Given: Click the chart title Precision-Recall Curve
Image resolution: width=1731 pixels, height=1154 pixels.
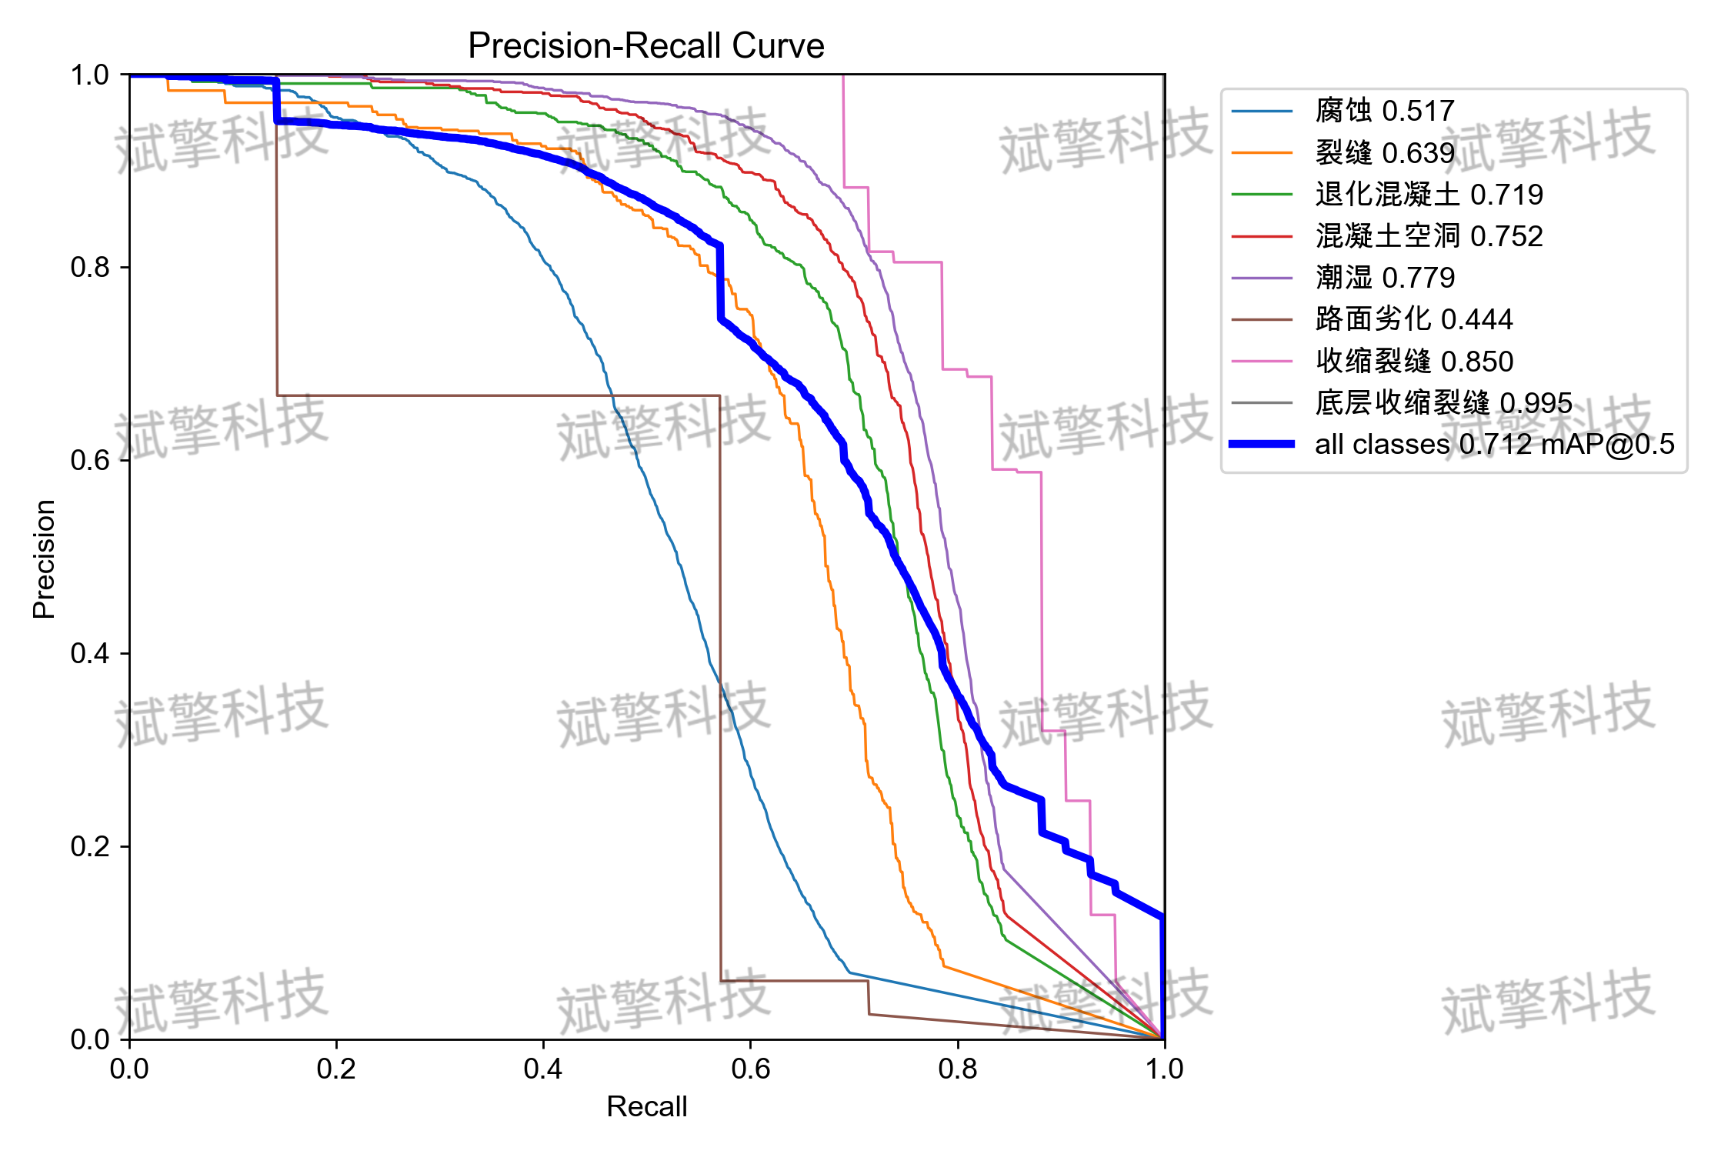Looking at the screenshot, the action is tap(646, 45).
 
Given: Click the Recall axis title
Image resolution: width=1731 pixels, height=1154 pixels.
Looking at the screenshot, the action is tap(647, 1106).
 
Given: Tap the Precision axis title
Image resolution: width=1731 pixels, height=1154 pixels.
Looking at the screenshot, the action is tap(44, 559).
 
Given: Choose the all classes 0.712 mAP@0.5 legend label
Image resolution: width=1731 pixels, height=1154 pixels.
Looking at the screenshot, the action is tap(1495, 444).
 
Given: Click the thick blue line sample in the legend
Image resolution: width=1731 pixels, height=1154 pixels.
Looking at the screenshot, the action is tap(1262, 444).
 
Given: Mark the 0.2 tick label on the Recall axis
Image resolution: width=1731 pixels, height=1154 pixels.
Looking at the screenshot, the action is tap(336, 1068).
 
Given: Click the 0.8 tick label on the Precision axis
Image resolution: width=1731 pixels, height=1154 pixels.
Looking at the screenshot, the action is tap(90, 267).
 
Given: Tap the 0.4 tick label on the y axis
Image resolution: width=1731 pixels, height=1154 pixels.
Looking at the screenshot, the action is tap(90, 653).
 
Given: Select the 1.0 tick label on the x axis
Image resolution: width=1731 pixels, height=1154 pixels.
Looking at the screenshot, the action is tap(1165, 1068).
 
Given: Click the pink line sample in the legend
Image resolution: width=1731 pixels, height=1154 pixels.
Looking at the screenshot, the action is tap(1262, 361).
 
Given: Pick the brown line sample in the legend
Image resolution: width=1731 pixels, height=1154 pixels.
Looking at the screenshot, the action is tap(1262, 319).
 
